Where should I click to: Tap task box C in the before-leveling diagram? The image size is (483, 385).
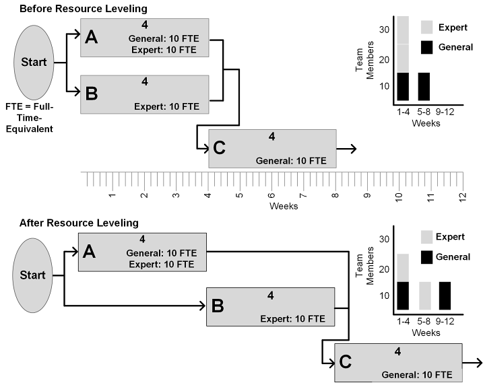272,149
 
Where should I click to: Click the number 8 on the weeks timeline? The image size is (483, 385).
335,196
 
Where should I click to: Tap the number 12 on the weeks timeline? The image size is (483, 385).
463,196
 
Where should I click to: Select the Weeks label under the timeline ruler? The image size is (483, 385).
284,206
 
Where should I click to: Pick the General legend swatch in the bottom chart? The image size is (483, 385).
426,256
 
